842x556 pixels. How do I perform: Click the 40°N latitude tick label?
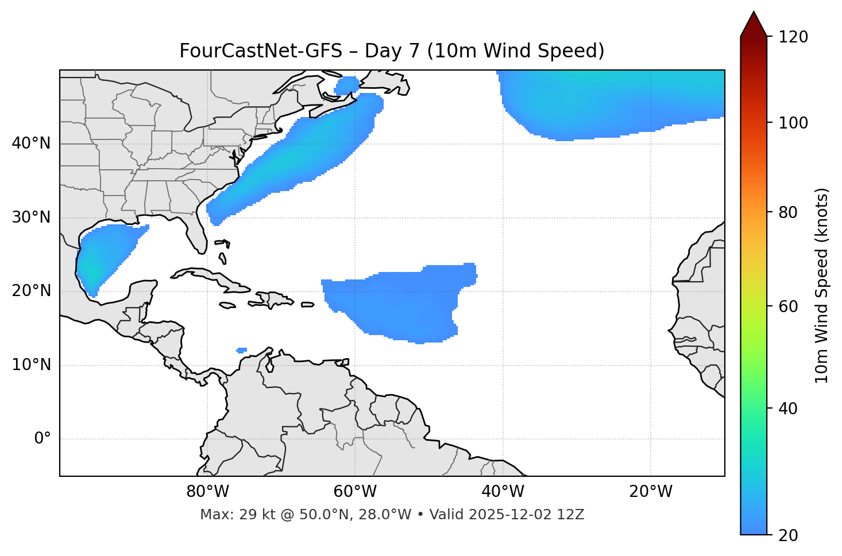coord(31,143)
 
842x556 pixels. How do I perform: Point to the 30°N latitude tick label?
coord(31,217)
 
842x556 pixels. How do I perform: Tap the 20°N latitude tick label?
coord(31,291)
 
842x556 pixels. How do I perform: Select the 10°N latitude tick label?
coord(31,365)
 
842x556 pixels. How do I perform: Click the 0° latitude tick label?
coord(43,439)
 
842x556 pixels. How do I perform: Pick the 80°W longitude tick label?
coord(207,492)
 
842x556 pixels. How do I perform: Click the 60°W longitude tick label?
coord(355,492)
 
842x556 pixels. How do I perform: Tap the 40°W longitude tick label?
coord(503,492)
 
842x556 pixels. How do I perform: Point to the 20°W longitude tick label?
coord(650,492)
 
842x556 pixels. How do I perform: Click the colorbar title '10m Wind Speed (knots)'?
coord(822,285)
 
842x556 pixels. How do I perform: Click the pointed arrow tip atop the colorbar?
coord(754,14)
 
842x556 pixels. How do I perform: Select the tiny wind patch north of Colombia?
coord(242,350)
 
